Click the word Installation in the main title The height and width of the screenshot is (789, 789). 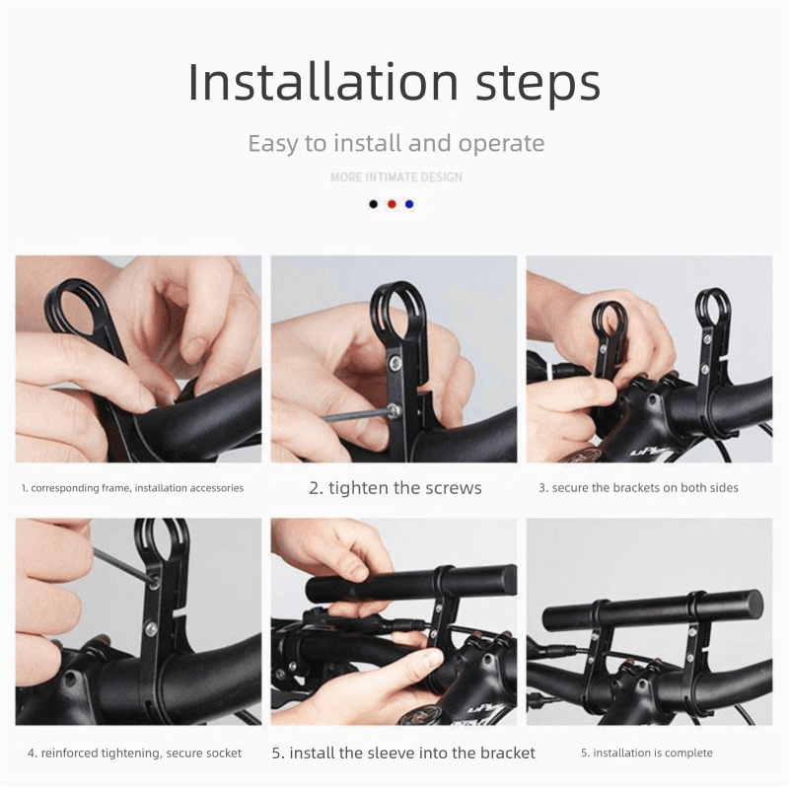coord(323,82)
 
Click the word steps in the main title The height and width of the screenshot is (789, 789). coord(538,86)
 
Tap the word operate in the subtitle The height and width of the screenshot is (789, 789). coord(502,145)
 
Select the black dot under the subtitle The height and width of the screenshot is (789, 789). coord(374,204)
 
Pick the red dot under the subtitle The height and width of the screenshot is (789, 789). coord(392,204)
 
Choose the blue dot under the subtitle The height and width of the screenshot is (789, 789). coord(409,204)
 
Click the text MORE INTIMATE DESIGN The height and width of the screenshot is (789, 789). coord(396,178)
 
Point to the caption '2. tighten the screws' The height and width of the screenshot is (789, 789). coord(395,488)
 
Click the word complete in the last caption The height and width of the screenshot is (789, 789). coord(689,753)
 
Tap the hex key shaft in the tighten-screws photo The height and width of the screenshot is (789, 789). coord(356,415)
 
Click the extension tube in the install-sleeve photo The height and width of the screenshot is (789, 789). coord(411,584)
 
